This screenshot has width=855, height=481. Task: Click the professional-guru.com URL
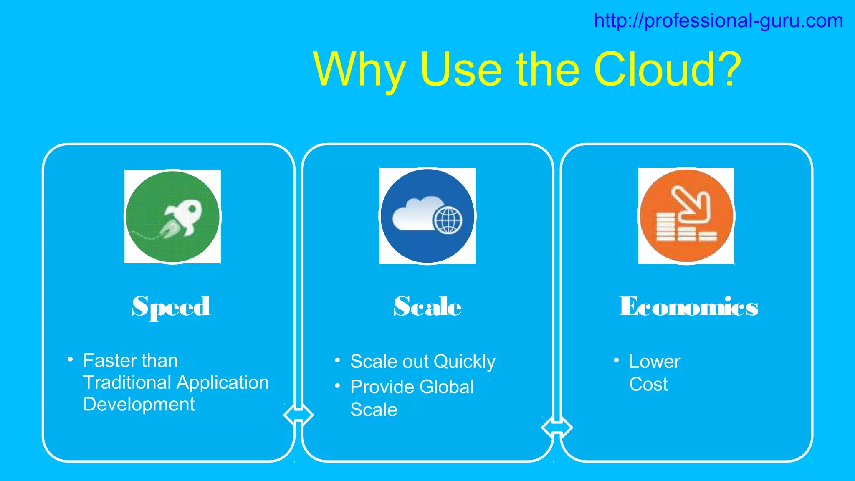click(x=718, y=21)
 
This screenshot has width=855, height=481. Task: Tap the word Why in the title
click(x=359, y=70)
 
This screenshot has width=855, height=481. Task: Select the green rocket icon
click(x=173, y=217)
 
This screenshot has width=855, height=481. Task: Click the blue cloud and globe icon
click(x=427, y=216)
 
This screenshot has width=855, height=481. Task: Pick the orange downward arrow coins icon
click(x=686, y=216)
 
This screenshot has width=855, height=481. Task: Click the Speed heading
click(x=171, y=307)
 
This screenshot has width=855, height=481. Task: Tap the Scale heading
click(x=427, y=307)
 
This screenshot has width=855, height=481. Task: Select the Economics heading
click(x=688, y=307)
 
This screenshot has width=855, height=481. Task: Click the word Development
click(x=139, y=405)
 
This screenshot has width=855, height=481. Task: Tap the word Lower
click(x=655, y=362)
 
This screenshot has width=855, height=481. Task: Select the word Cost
click(x=648, y=384)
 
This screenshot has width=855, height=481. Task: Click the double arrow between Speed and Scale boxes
click(x=298, y=415)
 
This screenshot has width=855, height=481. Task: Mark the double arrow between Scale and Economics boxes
click(x=557, y=428)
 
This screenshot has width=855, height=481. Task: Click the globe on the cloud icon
click(x=448, y=220)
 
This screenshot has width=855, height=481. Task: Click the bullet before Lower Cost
click(x=616, y=360)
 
